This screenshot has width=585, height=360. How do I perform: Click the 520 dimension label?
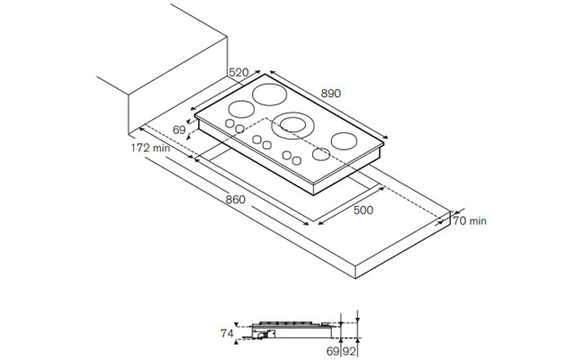[x=238, y=72]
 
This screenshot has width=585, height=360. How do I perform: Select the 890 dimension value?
[x=331, y=93]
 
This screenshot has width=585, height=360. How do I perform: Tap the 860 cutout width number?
[x=236, y=200]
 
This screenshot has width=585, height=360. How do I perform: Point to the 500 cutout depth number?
[x=363, y=210]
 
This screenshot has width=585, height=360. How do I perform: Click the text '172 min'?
[x=150, y=148]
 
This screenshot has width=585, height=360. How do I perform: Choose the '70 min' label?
[x=470, y=220]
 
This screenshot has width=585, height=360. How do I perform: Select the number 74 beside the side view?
[x=227, y=333]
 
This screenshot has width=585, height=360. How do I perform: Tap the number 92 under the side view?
[x=349, y=351]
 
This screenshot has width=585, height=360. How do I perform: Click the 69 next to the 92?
[x=333, y=351]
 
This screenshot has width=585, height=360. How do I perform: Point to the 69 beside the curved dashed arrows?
[x=179, y=130]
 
